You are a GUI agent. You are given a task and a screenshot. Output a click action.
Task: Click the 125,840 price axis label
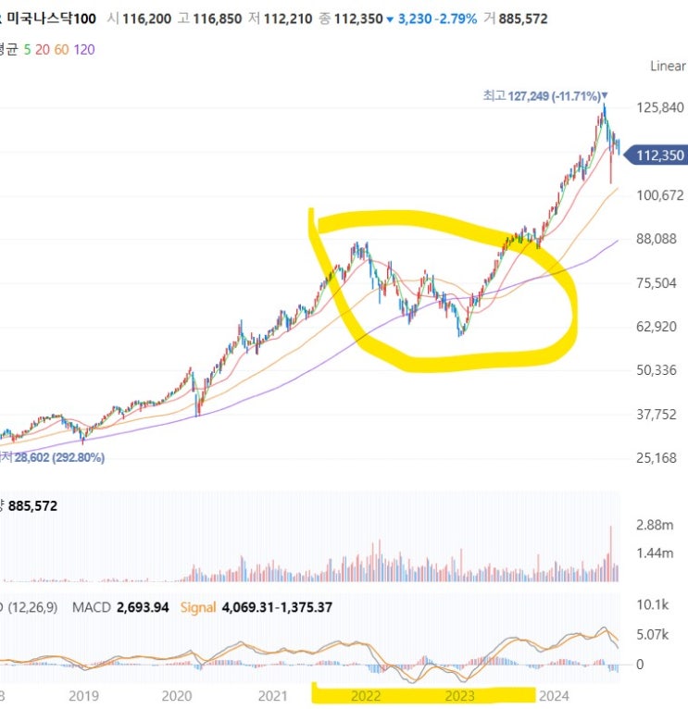click(x=659, y=107)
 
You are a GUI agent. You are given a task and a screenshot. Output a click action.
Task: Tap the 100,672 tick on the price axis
click(x=659, y=195)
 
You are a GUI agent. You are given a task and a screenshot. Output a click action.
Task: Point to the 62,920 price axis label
click(x=659, y=327)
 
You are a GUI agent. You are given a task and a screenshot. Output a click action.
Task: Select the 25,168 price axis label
click(x=659, y=458)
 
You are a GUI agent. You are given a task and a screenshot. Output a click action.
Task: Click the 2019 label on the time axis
click(x=83, y=695)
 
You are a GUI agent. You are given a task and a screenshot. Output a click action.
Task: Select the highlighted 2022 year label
click(x=366, y=695)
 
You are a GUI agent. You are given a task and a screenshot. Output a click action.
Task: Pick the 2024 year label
click(x=553, y=695)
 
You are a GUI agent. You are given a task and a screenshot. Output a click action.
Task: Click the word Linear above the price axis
click(x=668, y=66)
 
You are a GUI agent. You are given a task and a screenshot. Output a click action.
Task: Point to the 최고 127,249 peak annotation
click(x=544, y=94)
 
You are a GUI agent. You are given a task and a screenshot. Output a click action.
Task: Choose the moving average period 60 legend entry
click(x=62, y=48)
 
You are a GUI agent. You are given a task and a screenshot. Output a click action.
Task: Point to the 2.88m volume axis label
click(x=656, y=525)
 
